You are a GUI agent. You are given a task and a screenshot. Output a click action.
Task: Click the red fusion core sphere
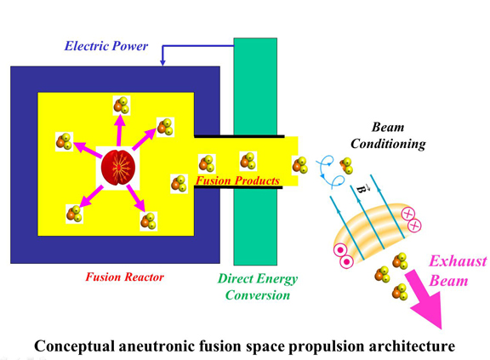pos(117,167)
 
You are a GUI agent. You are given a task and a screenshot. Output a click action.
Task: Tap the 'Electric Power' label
pos(105,45)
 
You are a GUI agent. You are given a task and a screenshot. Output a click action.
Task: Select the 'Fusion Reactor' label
pos(124,277)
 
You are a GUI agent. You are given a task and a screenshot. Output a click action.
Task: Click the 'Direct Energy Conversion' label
pos(258,287)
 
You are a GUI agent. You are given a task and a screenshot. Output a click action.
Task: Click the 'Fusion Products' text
pos(237,181)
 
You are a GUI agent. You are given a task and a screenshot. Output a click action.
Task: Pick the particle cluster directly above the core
pos(122,106)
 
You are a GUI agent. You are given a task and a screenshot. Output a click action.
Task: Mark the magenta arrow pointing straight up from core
pos(120,132)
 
